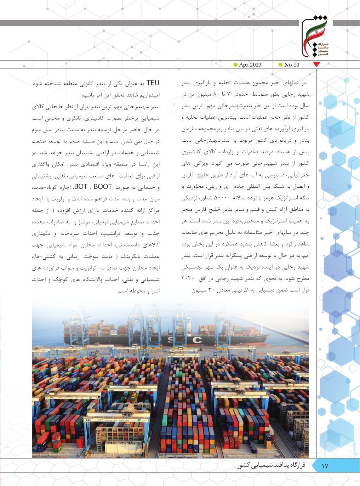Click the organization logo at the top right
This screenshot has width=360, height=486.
pos(315,38)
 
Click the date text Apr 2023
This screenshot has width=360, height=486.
pos(250,64)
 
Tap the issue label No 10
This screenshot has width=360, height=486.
pos(292,64)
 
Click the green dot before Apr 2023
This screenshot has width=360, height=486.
pos(235,64)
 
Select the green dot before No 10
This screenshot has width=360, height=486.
pos(280,64)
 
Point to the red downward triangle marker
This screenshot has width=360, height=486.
pos(317,65)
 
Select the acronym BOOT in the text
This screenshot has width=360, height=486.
pos(102,187)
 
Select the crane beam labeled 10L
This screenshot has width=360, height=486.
pos(52,398)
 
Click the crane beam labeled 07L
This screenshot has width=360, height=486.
pos(219,397)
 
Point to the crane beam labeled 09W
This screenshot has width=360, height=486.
pos(111,390)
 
